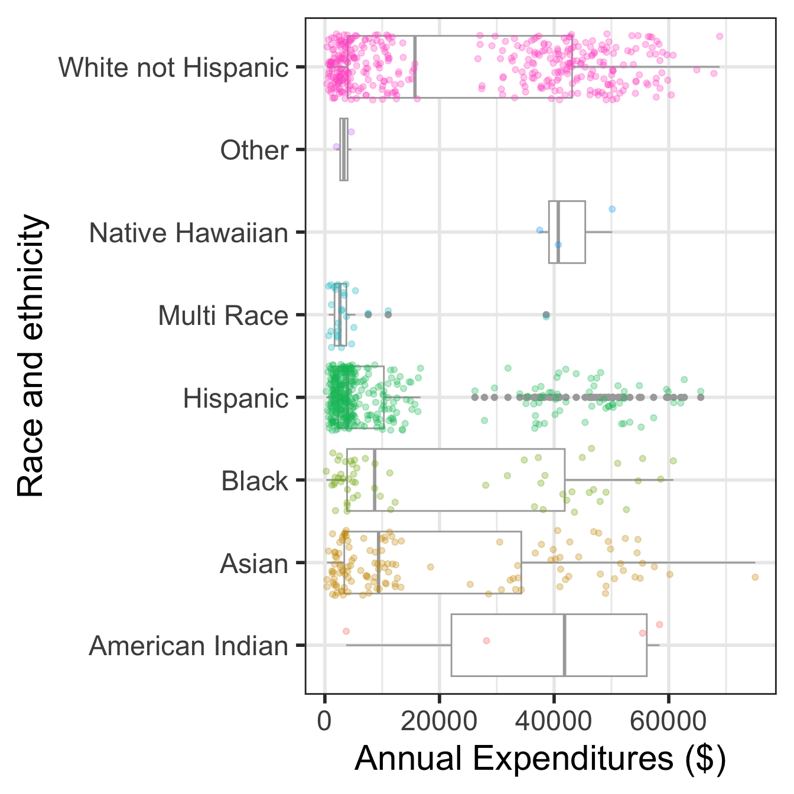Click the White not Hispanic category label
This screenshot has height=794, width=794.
[x=173, y=67]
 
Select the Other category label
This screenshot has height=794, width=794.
[x=254, y=150]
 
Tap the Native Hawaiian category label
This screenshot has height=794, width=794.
[x=188, y=233]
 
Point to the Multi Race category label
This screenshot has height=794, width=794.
[x=223, y=315]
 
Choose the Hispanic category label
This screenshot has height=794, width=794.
[x=235, y=398]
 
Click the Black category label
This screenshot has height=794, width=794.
[x=255, y=481]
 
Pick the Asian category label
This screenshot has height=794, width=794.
[x=254, y=564]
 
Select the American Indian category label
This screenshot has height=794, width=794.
[x=188, y=646]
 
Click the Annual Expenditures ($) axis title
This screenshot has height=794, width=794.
[x=540, y=758]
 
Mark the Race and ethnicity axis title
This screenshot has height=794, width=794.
[x=31, y=356]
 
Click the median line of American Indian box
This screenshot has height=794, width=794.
[x=565, y=645]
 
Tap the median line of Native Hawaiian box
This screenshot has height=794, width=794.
[x=558, y=232]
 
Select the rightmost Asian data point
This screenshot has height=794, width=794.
[x=755, y=577]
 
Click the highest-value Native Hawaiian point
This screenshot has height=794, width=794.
[x=612, y=209]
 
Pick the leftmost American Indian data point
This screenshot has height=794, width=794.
[x=346, y=632]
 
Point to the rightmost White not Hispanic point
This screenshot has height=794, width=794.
[x=720, y=36]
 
